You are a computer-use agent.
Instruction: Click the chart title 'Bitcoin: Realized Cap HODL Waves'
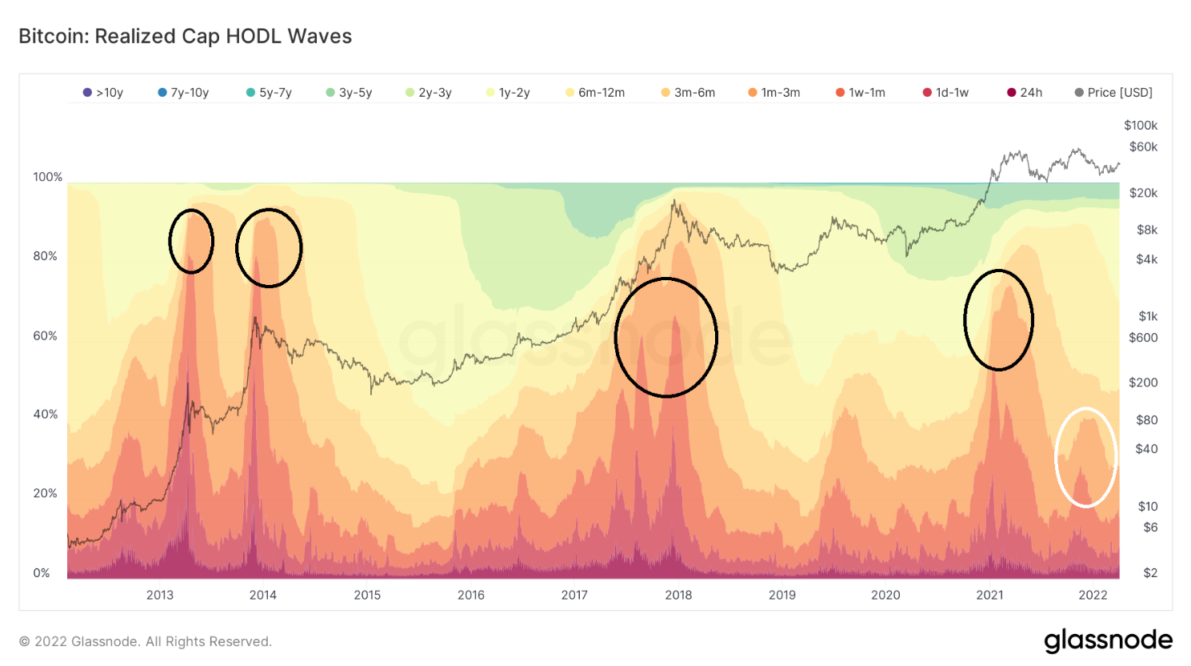[x=185, y=36]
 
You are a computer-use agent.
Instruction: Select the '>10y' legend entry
[x=103, y=93]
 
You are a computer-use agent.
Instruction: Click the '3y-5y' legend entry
[x=349, y=93]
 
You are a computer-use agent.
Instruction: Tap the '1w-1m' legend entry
[x=861, y=93]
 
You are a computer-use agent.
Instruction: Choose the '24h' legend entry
[x=1025, y=93]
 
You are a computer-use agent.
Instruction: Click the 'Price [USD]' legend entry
[x=1113, y=93]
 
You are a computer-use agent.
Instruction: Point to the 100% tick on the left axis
[x=47, y=177]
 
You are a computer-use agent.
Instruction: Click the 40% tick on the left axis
[x=45, y=414]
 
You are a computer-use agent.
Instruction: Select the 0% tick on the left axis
[x=42, y=572]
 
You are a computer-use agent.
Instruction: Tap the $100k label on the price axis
[x=1141, y=125]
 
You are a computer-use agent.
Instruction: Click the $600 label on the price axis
[x=1143, y=337]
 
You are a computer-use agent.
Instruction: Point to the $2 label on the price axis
[x=1150, y=572]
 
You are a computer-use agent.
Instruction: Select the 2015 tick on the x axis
[x=367, y=595]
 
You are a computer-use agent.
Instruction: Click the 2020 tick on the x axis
[x=885, y=595]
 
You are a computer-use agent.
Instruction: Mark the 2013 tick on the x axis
[x=160, y=595]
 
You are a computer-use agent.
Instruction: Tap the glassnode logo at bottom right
[x=1108, y=640]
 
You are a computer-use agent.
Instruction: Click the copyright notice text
[x=146, y=641]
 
